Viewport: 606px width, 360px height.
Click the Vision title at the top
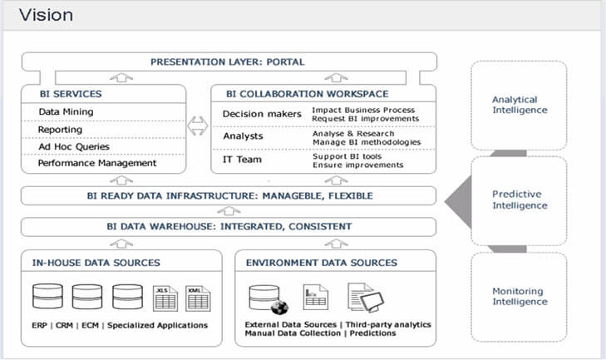pos(46,16)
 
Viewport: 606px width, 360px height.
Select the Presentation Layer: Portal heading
pos(227,62)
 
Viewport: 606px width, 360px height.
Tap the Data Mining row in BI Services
pos(67,111)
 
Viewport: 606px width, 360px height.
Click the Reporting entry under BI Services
pos(61,130)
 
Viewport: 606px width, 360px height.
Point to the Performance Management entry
pos(97,163)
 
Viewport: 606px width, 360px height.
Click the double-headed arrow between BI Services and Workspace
pos(197,127)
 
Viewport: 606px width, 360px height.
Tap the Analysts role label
pos(243,136)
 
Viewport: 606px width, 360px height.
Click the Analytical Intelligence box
pos(520,105)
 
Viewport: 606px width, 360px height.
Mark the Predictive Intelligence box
pos(520,199)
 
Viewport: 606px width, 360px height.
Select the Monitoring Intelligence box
pos(520,297)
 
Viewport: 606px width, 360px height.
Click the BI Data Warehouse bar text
pos(229,226)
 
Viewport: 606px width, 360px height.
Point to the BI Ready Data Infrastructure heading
pos(229,196)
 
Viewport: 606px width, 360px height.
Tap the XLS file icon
pos(165,296)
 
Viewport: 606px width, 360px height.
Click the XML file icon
pos(196,296)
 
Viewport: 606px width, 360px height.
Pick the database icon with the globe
pos(267,298)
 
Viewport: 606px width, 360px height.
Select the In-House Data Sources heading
pos(95,263)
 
